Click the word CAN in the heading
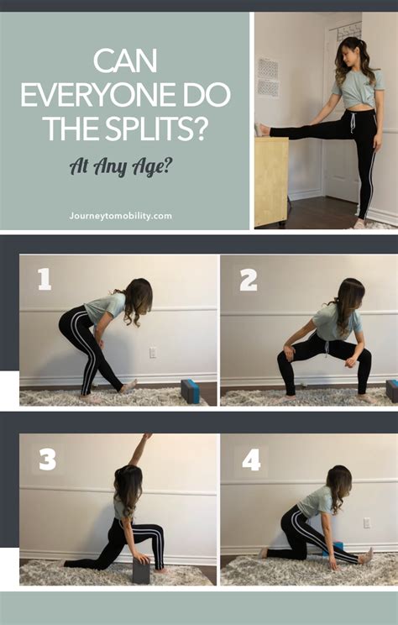point(125,62)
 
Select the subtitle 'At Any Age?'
point(122,166)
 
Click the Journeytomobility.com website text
point(120,216)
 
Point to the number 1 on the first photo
point(44,279)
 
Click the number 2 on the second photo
point(248,280)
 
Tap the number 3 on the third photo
point(47,460)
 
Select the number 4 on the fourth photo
point(250,460)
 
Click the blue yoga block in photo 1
point(190,391)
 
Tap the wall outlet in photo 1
point(153,353)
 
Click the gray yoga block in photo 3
point(141,571)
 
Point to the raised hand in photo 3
point(148,438)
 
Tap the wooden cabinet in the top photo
point(270,181)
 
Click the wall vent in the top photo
point(268,76)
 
